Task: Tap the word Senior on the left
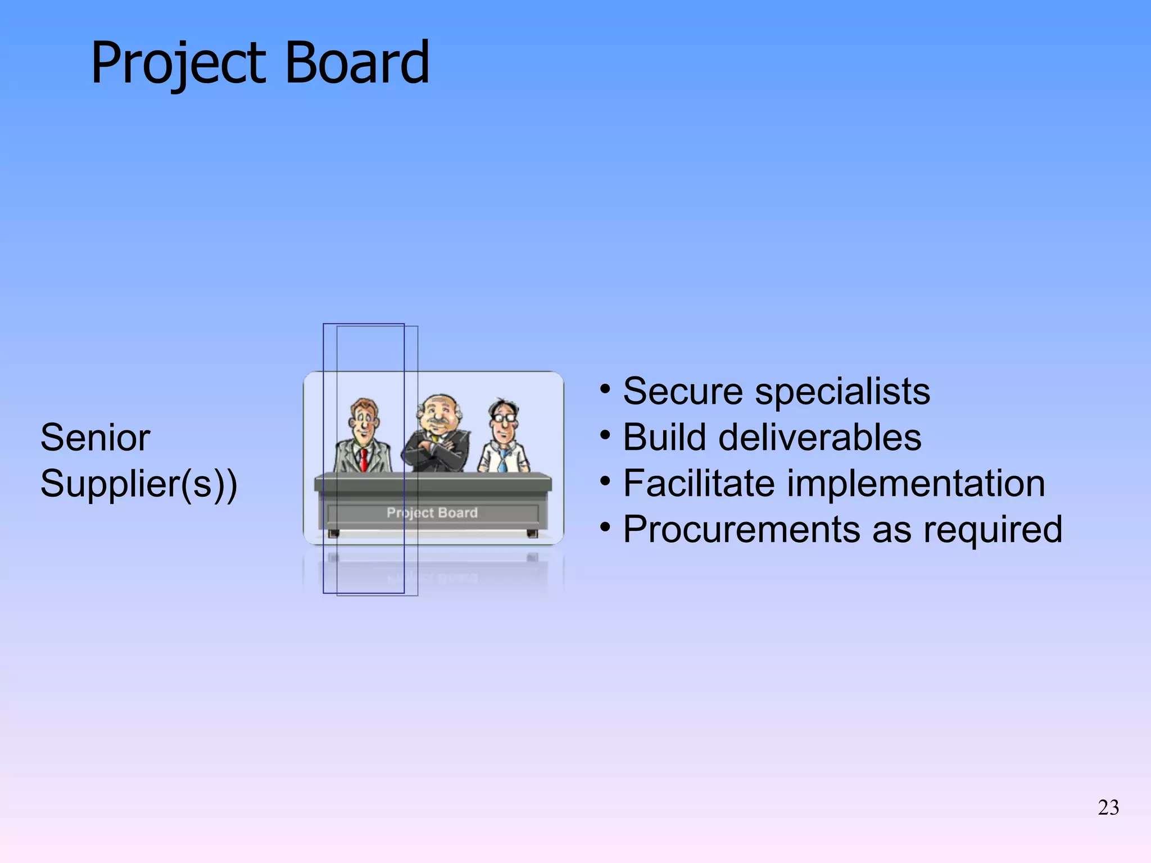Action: tap(95, 438)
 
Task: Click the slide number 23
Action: tap(1108, 808)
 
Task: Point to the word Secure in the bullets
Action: tap(683, 391)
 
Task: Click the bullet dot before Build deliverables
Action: tap(605, 435)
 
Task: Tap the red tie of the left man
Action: tap(364, 459)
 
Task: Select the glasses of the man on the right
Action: tap(504, 418)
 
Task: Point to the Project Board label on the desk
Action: tap(432, 512)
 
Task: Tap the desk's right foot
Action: tap(532, 533)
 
